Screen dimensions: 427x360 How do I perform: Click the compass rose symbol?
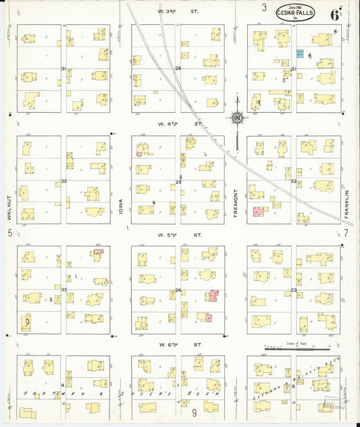click(238, 118)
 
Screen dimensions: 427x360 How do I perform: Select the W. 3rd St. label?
click(179, 11)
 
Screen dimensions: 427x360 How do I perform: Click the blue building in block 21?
click(299, 52)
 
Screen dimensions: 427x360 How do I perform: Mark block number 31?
click(63, 69)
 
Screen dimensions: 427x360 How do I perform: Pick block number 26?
click(178, 69)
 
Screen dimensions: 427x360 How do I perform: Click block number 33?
click(63, 289)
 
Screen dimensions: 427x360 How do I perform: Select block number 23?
click(294, 291)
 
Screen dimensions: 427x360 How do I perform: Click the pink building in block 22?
click(257, 212)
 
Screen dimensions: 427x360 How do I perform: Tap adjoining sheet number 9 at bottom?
click(193, 412)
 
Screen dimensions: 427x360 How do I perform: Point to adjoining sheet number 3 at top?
click(265, 8)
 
